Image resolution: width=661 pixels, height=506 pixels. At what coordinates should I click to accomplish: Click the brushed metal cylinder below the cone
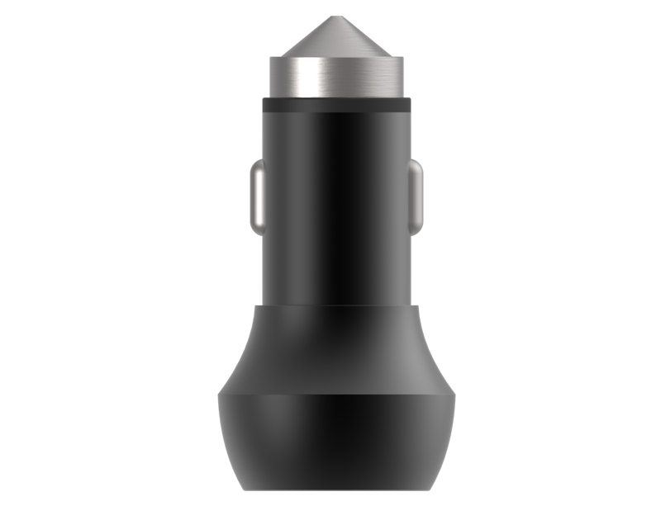[337, 79]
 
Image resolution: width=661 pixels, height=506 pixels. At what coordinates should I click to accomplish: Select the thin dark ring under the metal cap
[337, 105]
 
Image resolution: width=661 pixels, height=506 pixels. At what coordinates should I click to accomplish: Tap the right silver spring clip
[416, 197]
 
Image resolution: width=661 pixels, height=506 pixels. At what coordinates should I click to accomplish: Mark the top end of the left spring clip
[258, 163]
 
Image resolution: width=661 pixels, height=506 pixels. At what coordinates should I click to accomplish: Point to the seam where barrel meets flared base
[337, 305]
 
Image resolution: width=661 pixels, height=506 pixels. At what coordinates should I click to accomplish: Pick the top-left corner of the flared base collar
[254, 306]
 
